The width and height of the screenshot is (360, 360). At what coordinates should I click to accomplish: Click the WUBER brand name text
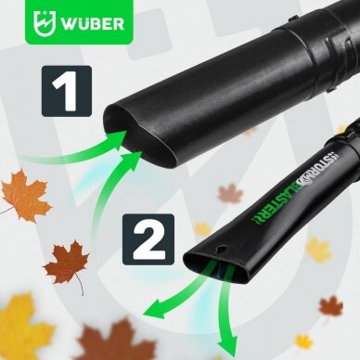coord(93,23)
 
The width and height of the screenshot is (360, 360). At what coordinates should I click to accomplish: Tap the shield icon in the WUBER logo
coord(45,22)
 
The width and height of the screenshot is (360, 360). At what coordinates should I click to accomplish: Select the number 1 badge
coord(67,91)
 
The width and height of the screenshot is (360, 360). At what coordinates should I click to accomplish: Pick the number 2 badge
coord(148,239)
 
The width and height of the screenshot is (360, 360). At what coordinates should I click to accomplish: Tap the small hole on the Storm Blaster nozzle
coord(223,249)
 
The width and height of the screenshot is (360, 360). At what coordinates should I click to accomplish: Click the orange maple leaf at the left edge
coord(25,196)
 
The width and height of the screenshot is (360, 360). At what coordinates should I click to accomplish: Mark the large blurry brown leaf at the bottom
coord(115,341)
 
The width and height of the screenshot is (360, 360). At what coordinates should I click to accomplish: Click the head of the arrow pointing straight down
coord(227,347)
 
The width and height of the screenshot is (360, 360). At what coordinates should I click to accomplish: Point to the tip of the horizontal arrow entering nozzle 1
coord(127,131)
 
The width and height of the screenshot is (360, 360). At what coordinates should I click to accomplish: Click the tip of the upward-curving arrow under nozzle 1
coord(143,150)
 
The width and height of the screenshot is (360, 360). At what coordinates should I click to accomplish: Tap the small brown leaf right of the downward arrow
coord(331,307)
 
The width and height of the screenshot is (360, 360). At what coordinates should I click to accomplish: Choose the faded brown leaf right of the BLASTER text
coord(230,193)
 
